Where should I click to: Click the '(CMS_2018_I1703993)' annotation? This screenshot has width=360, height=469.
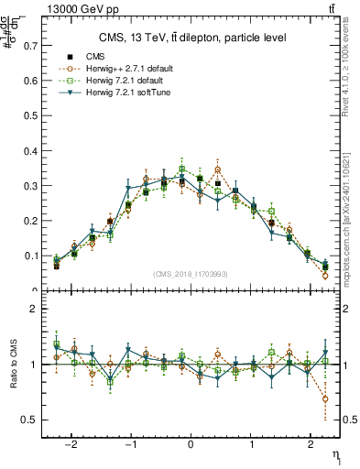[x=191, y=274]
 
